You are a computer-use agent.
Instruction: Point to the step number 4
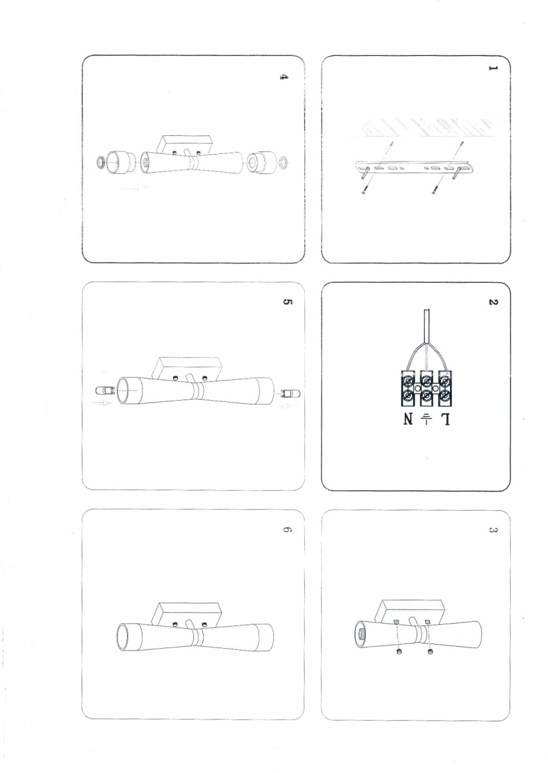[x=283, y=77]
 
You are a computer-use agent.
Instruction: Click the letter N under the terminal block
[x=408, y=420]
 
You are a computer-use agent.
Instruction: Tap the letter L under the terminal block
[x=445, y=420]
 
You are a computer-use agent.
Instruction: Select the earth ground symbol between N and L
[x=427, y=419]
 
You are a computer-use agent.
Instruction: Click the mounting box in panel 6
[x=186, y=615]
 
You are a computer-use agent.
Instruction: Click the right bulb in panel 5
[x=291, y=393]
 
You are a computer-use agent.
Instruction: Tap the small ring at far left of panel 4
[x=101, y=162]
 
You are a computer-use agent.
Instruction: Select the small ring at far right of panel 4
[x=285, y=161]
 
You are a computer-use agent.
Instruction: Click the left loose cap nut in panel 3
[x=399, y=651]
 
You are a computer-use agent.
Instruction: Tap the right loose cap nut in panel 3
[x=430, y=651]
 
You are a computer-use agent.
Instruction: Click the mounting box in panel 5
[x=186, y=368]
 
